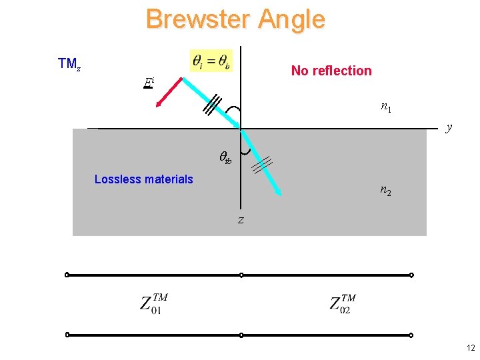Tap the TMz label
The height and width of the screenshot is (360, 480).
click(x=69, y=64)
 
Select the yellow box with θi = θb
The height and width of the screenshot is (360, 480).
click(x=211, y=61)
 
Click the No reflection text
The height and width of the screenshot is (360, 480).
click(x=331, y=71)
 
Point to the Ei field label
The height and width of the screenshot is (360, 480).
click(x=149, y=83)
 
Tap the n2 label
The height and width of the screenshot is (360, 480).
click(x=386, y=191)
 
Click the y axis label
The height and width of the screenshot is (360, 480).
click(x=449, y=127)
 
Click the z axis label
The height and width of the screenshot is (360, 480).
click(x=241, y=220)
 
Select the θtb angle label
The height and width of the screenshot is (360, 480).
click(x=225, y=159)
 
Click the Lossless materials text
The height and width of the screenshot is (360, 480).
click(x=143, y=179)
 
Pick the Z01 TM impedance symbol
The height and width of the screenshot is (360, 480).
click(x=154, y=303)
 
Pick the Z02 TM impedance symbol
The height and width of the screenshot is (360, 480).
click(x=343, y=303)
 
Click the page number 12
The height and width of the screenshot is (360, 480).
click(x=471, y=348)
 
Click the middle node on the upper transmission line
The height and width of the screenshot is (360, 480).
click(x=241, y=275)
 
